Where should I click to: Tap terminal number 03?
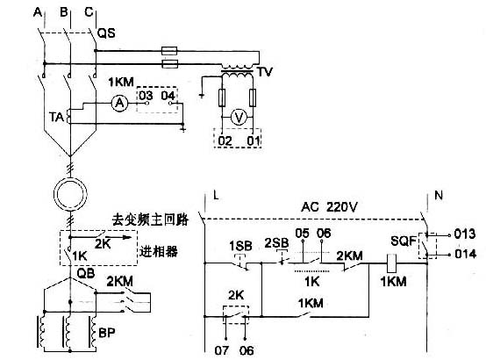[146, 93]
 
